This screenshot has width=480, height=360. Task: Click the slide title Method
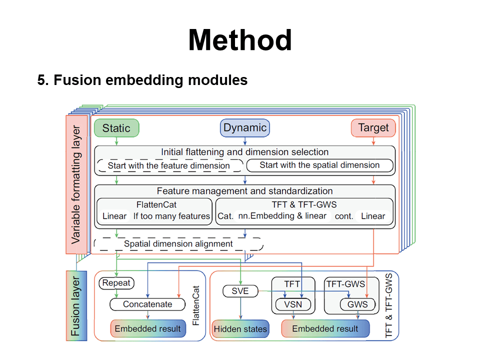pyautogui.click(x=240, y=40)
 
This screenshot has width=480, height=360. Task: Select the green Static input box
pyautogui.click(x=116, y=128)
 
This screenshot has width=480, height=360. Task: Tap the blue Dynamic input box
pyautogui.click(x=245, y=127)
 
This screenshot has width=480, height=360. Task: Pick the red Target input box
pyautogui.click(x=373, y=127)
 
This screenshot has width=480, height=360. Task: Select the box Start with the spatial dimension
pyautogui.click(x=319, y=165)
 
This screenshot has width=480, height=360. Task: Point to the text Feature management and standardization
pyautogui.click(x=244, y=191)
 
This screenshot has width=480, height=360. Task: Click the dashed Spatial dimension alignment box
pyautogui.click(x=178, y=244)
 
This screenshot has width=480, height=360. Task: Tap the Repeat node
pyautogui.click(x=116, y=283)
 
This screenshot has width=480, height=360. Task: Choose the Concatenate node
pyautogui.click(x=147, y=304)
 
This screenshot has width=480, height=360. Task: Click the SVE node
pyautogui.click(x=240, y=291)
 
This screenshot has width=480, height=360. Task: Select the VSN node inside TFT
pyautogui.click(x=293, y=304)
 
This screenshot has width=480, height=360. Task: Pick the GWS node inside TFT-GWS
pyautogui.click(x=357, y=304)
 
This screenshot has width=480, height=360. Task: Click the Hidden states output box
pyautogui.click(x=240, y=329)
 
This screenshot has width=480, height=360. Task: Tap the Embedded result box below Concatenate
pyautogui.click(x=148, y=329)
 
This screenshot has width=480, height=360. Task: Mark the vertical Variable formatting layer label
pyautogui.click(x=76, y=184)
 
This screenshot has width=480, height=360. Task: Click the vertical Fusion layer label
pyautogui.click(x=76, y=306)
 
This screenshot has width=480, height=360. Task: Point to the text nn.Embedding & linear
pyautogui.click(x=282, y=216)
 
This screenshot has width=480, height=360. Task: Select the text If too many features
pyautogui.click(x=171, y=216)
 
